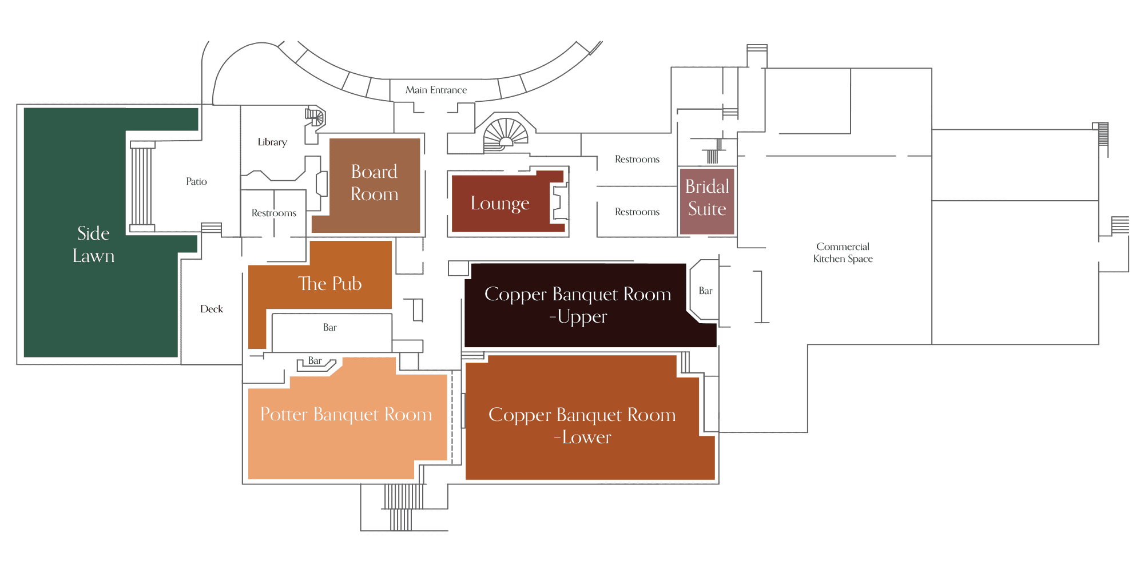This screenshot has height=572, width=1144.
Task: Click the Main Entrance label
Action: click(436, 90)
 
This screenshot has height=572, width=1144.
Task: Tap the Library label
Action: click(272, 142)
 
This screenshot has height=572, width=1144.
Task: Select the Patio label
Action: click(196, 181)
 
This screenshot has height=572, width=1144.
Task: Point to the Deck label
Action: click(212, 309)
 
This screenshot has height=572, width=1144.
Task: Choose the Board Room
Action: click(375, 183)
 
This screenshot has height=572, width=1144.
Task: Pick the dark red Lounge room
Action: click(500, 203)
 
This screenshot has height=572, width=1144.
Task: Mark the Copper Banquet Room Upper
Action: click(578, 305)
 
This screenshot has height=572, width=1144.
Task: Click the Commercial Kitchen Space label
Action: click(843, 252)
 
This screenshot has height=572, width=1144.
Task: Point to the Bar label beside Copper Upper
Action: click(705, 291)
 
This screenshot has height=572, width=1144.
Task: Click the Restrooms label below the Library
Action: click(274, 213)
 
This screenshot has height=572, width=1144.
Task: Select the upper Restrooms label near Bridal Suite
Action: click(637, 159)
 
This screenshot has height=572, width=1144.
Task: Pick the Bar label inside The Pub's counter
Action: click(330, 327)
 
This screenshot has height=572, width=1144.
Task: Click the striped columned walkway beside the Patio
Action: click(142, 186)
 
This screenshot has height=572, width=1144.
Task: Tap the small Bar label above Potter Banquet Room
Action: click(315, 360)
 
